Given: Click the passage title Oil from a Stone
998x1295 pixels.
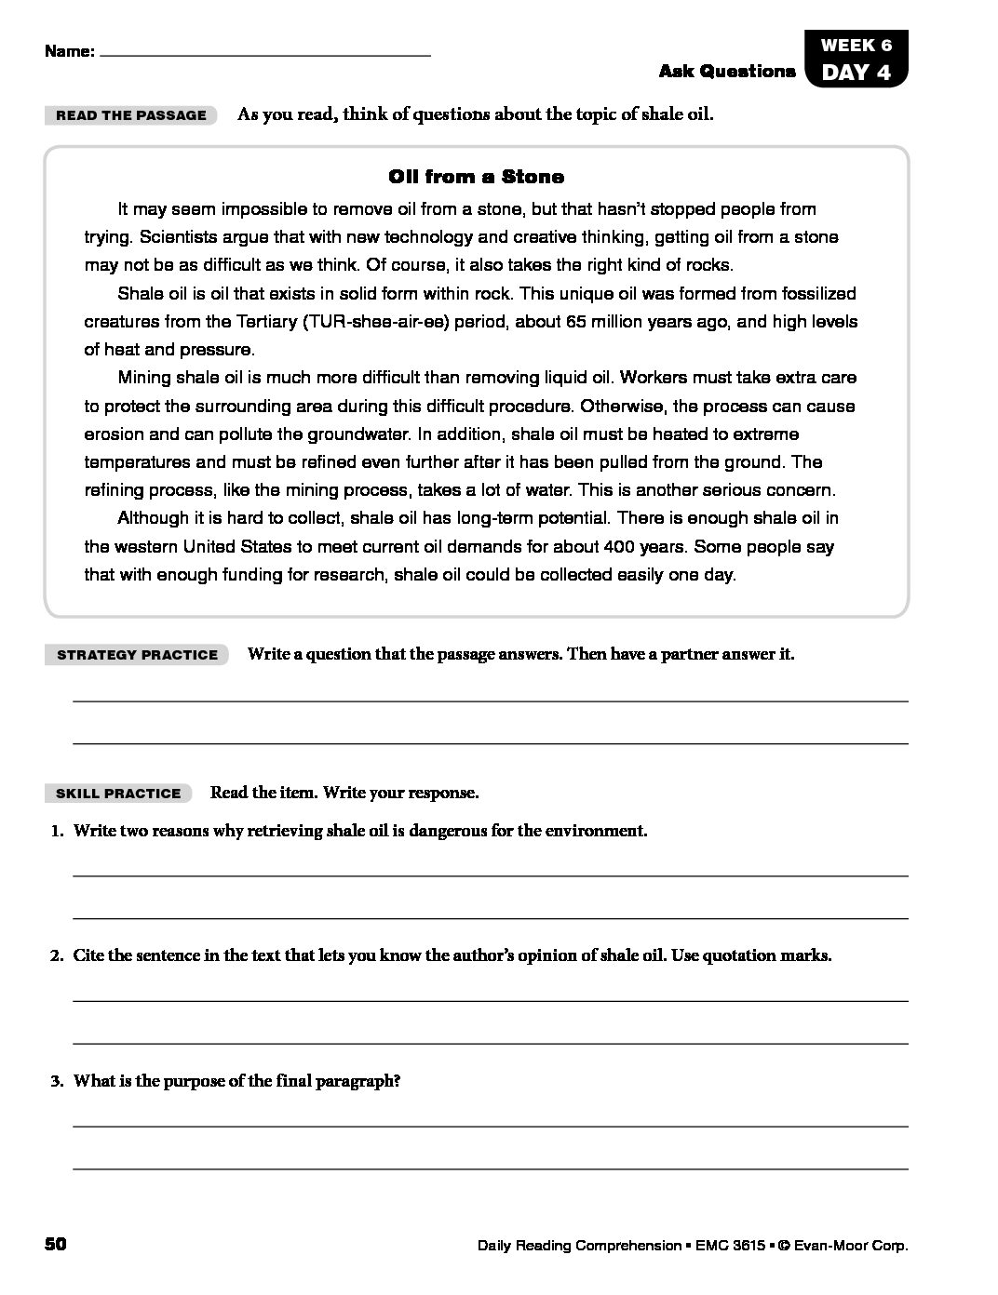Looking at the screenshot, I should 476,177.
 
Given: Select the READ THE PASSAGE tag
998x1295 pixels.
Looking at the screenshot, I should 131,115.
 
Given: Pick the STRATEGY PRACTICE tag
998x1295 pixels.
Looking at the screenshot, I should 137,655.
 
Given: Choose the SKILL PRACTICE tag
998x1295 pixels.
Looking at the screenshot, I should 118,794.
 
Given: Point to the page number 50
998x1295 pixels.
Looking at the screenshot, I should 55,1244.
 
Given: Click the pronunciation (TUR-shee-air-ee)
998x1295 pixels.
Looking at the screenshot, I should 370,322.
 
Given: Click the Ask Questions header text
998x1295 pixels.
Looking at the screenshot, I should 727,72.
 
